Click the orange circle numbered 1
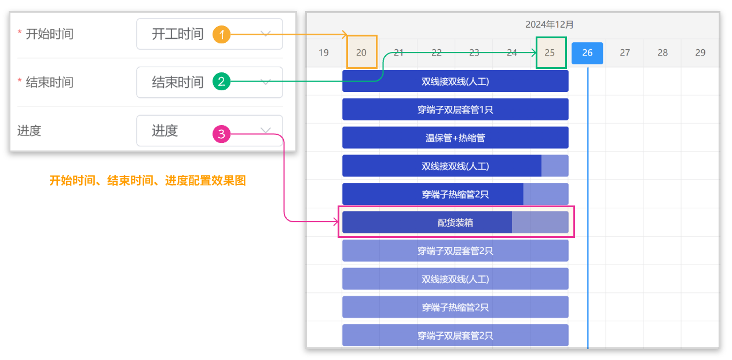coord(221,34)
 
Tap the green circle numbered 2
coord(221,82)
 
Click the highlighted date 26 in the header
coord(587,53)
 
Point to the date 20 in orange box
coord(361,53)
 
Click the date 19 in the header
coord(324,53)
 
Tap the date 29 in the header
coord(700,53)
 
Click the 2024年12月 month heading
coord(549,24)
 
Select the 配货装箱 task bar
coord(455,222)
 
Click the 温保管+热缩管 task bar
coord(455,138)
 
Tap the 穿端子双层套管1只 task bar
coord(455,109)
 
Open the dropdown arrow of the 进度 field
coord(266,131)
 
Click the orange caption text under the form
coord(147,181)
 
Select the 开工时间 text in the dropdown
coord(177,34)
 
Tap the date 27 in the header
coord(624,53)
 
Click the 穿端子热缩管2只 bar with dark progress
coord(455,194)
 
